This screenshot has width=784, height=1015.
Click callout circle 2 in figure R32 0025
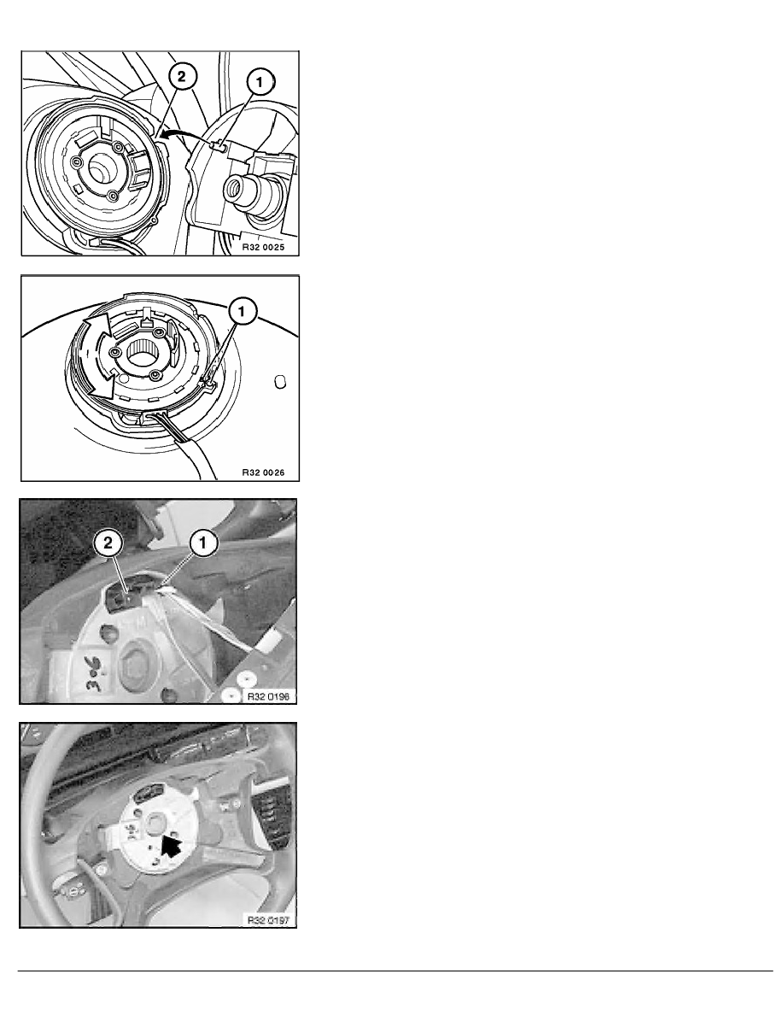pyautogui.click(x=181, y=76)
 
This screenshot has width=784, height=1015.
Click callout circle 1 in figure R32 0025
pyautogui.click(x=260, y=82)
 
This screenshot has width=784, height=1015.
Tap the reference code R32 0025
pyautogui.click(x=263, y=247)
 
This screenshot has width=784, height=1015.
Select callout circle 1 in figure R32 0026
pyautogui.click(x=242, y=313)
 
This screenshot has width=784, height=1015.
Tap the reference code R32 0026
pyautogui.click(x=263, y=472)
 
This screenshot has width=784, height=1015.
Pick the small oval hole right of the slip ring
pyautogui.click(x=280, y=382)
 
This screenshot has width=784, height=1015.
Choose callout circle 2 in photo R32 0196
pyautogui.click(x=108, y=543)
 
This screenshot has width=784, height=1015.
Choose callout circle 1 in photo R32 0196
pyautogui.click(x=202, y=543)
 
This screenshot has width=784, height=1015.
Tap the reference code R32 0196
pyautogui.click(x=267, y=696)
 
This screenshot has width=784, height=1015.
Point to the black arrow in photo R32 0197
pyautogui.click(x=171, y=846)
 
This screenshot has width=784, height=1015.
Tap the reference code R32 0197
pyautogui.click(x=267, y=920)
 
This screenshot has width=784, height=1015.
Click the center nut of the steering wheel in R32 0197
pyautogui.click(x=156, y=824)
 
